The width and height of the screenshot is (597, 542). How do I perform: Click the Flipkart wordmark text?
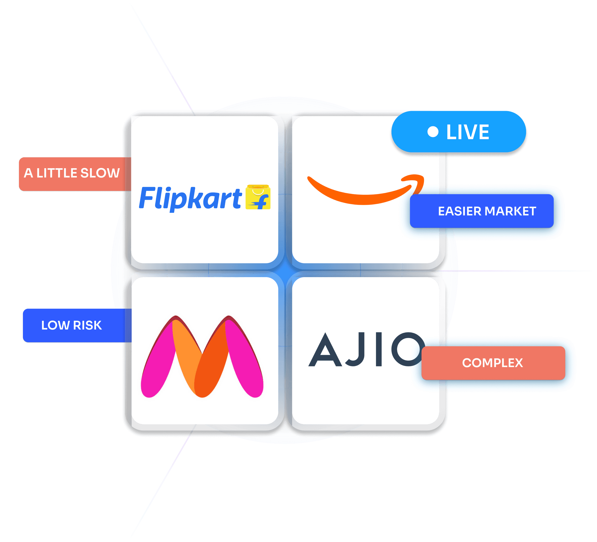click(x=190, y=198)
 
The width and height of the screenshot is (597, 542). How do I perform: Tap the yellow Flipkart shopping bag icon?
click(x=258, y=197)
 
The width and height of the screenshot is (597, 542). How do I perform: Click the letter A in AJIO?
click(x=325, y=350)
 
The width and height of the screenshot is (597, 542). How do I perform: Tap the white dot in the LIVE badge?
click(x=433, y=132)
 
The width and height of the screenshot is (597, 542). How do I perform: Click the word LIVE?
click(x=468, y=132)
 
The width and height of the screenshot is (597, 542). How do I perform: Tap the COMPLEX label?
click(x=492, y=363)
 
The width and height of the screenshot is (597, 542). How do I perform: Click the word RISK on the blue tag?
click(x=87, y=325)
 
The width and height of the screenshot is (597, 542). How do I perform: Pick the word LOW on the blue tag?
click(x=55, y=325)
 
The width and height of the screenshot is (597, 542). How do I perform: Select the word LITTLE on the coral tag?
click(x=57, y=173)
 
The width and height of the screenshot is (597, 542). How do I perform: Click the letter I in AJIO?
click(x=378, y=350)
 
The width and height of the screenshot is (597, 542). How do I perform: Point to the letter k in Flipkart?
click(x=196, y=198)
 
